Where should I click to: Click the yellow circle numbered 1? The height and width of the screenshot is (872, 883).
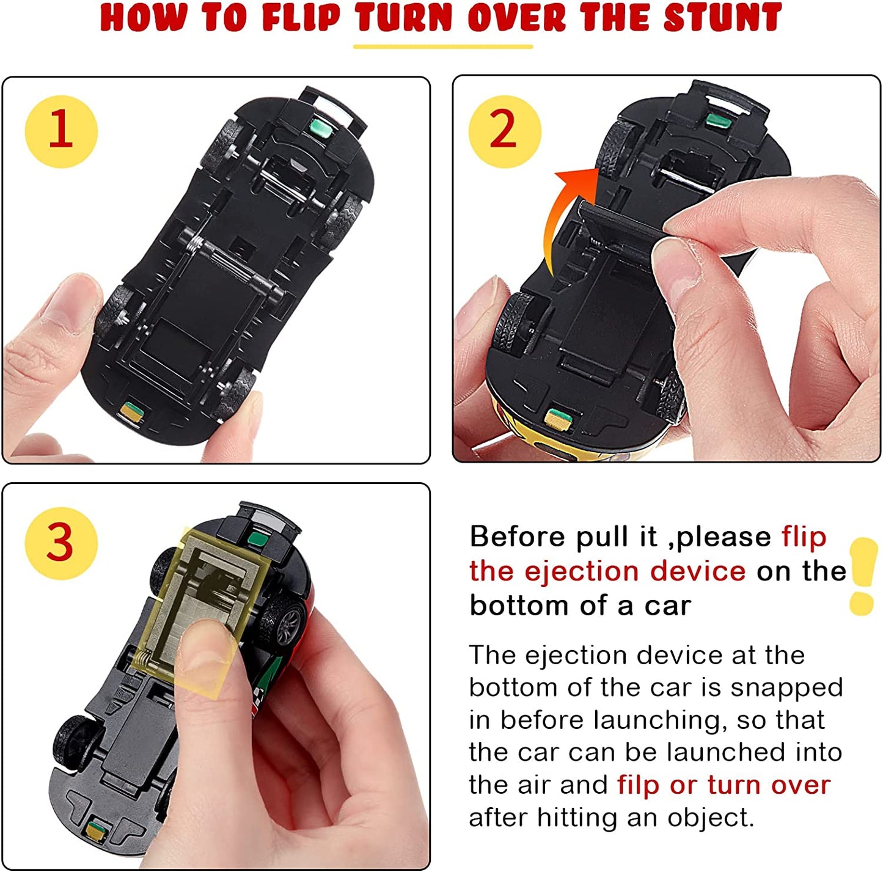click(x=61, y=131)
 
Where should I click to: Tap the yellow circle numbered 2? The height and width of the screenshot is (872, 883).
click(x=504, y=131)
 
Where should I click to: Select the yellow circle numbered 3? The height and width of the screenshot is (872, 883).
click(x=61, y=543)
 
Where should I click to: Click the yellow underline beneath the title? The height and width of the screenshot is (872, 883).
click(x=442, y=46)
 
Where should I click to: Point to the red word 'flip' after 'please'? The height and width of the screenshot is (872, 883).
click(x=804, y=537)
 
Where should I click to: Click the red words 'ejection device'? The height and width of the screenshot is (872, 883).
click(x=635, y=571)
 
